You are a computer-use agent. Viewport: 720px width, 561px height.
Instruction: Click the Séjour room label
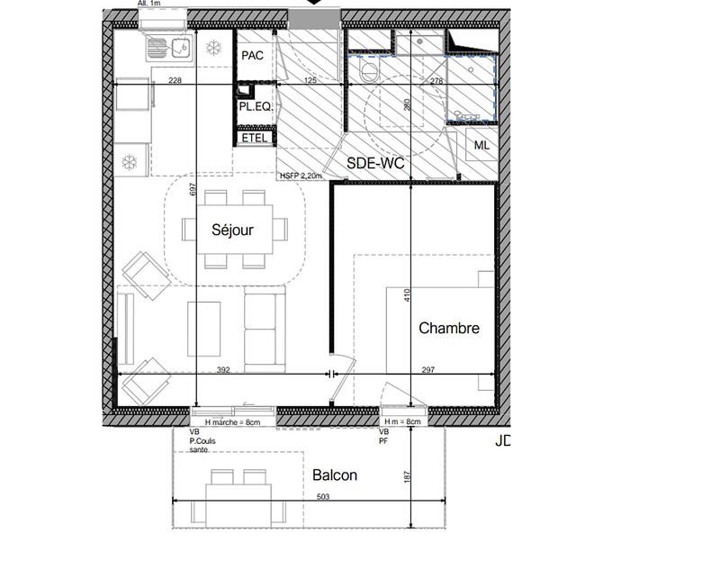click(232, 230)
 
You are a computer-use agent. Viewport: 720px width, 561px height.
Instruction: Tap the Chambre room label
click(449, 329)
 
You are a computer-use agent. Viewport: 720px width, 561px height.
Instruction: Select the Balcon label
click(335, 475)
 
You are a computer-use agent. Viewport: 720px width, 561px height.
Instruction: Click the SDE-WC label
click(375, 163)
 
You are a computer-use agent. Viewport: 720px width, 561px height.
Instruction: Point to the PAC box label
click(252, 56)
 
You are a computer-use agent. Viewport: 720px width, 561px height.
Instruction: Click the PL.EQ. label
click(256, 107)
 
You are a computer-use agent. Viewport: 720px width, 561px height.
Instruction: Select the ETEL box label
click(256, 139)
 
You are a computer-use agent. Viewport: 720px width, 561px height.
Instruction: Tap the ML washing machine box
click(481, 145)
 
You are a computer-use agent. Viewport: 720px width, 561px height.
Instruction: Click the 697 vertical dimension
click(193, 190)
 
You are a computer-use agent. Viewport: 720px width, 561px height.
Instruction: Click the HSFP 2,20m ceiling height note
click(299, 177)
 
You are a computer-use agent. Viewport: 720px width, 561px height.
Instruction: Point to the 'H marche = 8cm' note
click(232, 422)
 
